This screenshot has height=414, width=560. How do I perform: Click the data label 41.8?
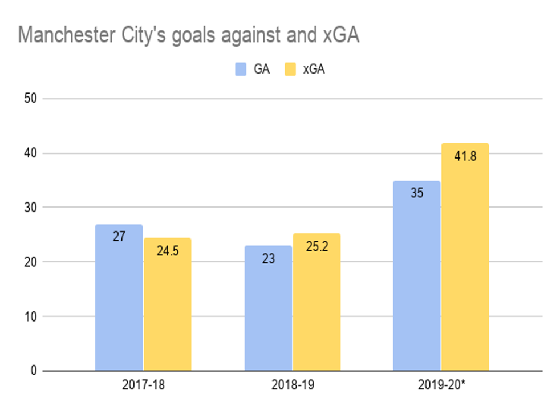click(465, 156)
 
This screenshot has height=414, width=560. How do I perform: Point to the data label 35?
click(417, 193)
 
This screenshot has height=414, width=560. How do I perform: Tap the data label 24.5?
click(167, 250)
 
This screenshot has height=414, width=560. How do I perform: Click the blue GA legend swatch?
click(241, 69)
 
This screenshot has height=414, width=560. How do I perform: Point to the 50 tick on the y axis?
click(31, 99)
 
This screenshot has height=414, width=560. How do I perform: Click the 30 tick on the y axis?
click(31, 208)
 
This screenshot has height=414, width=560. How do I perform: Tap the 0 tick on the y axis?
click(34, 371)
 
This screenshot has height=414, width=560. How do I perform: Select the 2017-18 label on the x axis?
click(143, 385)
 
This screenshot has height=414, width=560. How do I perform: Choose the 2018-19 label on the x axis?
click(292, 385)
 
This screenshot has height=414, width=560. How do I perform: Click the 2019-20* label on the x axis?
click(442, 385)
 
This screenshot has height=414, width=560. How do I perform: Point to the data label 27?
click(119, 236)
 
